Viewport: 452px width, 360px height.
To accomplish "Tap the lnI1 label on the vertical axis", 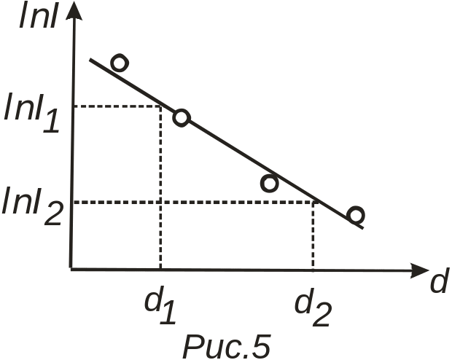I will [x=34, y=113].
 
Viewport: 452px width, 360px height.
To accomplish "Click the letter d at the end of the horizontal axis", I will [x=437, y=282].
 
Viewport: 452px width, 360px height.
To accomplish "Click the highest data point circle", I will [x=119, y=63].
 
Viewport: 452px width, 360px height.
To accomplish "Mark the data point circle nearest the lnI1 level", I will [x=181, y=117].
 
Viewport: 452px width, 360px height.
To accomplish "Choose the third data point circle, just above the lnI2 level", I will [x=269, y=183].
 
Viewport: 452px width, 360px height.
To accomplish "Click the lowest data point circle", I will [x=355, y=215].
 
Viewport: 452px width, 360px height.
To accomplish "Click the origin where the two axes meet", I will [x=71, y=269].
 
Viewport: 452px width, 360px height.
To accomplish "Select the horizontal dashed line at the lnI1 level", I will [x=117, y=106].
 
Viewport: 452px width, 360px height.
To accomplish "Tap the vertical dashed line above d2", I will [x=313, y=236].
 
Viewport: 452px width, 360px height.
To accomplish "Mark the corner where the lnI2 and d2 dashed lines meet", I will [x=313, y=203].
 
